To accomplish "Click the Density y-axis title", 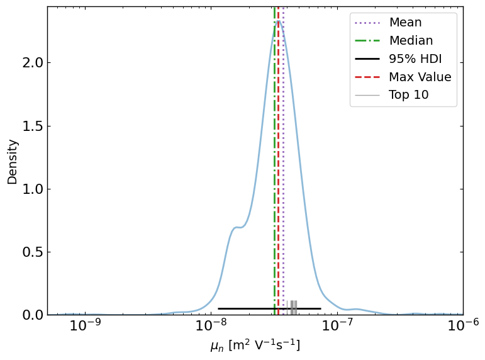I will point(13,162).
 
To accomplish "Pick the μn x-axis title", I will point(255,346).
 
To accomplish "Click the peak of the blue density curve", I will point(278,21).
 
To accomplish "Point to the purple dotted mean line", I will point(283,157).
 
